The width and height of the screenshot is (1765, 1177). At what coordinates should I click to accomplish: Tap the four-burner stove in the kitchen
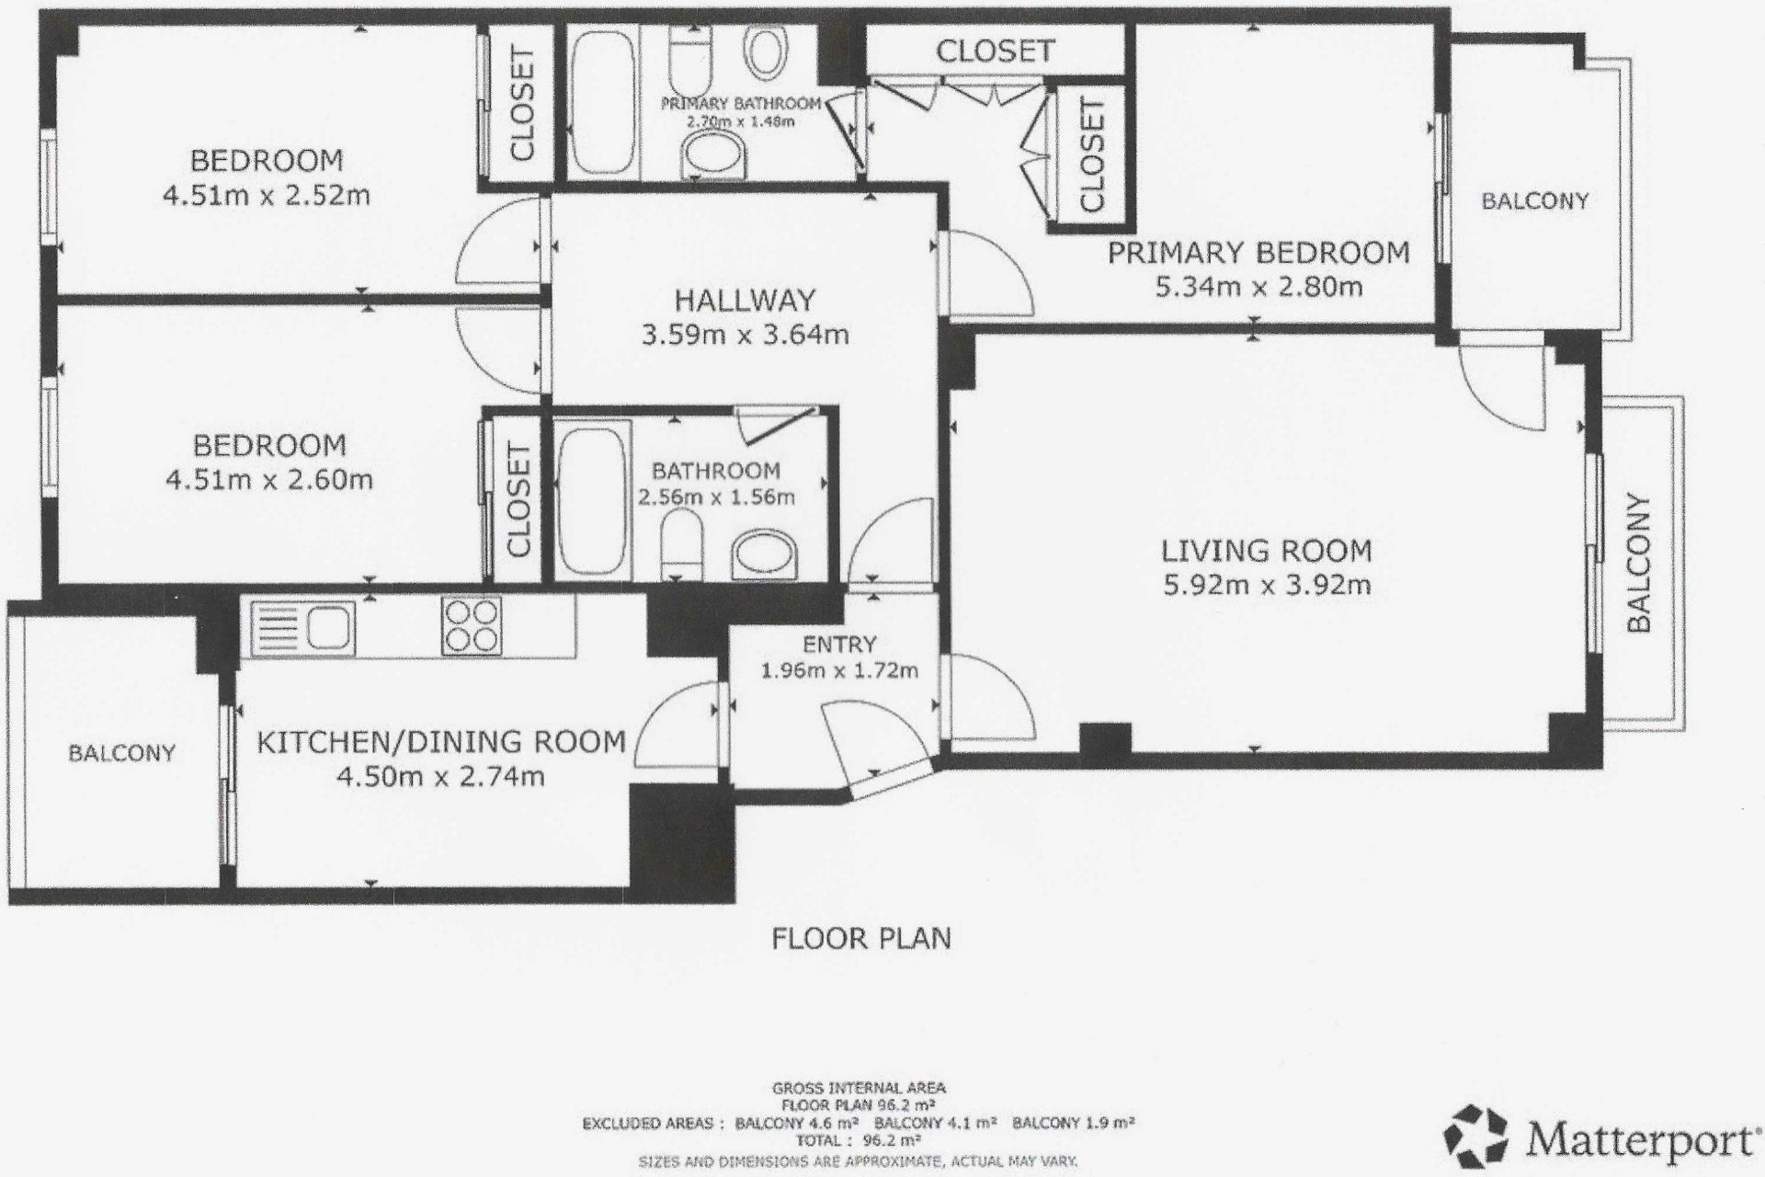[x=472, y=626]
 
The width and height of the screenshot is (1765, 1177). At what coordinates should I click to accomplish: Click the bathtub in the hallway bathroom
[x=593, y=500]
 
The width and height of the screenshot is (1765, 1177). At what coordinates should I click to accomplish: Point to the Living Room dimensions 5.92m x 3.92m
[x=1267, y=585]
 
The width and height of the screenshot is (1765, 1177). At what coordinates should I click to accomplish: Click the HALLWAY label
[x=745, y=301]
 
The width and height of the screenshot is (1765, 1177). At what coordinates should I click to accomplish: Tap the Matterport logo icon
[x=1476, y=1137]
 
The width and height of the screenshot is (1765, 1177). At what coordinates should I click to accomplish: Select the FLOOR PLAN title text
[x=861, y=939]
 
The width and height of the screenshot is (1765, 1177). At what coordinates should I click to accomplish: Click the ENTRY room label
[x=839, y=645]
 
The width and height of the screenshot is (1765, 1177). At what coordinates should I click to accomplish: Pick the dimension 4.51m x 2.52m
[x=267, y=196]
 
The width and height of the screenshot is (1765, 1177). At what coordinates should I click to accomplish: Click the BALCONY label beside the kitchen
[x=121, y=753]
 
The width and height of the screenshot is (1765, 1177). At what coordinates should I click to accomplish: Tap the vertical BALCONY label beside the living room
[x=1639, y=563]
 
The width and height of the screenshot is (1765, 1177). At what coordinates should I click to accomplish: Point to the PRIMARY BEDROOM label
[x=1258, y=253]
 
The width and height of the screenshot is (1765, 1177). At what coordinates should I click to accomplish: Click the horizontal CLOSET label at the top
[x=995, y=51]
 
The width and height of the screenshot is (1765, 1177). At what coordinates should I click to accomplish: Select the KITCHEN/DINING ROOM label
[x=440, y=742]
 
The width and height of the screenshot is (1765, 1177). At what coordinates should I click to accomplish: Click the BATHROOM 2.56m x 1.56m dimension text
[x=716, y=497]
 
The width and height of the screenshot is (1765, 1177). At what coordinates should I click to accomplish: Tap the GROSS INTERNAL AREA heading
[x=859, y=1088]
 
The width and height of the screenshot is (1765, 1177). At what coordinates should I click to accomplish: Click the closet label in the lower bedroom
[x=519, y=499]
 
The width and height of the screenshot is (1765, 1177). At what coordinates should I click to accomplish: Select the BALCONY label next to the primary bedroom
[x=1534, y=200]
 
